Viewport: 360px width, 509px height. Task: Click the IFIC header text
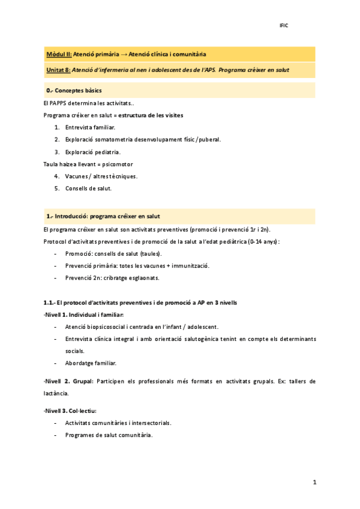(x=284, y=26)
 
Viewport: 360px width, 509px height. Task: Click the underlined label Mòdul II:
(x=59, y=55)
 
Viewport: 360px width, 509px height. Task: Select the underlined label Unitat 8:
(x=58, y=70)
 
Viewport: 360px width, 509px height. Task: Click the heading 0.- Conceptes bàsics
(x=74, y=91)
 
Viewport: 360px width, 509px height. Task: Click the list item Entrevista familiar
(x=90, y=128)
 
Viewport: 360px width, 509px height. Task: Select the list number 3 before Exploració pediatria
(x=56, y=152)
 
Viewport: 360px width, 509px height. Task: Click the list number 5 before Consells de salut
(x=56, y=188)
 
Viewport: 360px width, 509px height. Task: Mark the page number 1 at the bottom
(x=314, y=482)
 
